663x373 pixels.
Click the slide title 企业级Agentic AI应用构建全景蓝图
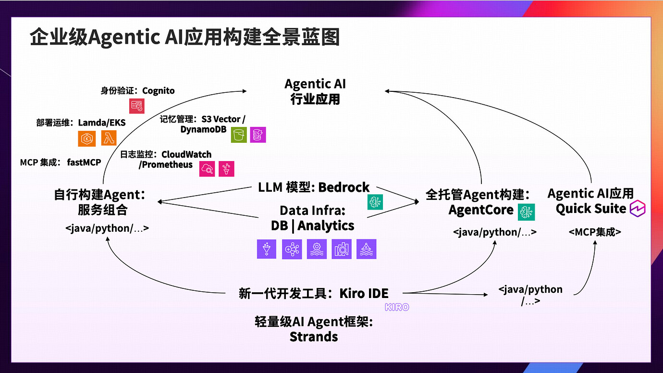point(185,37)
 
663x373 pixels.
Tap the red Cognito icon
point(136,106)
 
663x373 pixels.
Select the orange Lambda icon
point(109,138)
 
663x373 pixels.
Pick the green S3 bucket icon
point(238,135)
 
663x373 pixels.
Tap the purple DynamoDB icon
point(258,135)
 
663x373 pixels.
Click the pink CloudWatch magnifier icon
point(207,169)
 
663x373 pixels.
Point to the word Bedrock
point(344,187)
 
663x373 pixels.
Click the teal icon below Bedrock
point(375,202)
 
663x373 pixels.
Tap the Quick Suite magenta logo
point(638,208)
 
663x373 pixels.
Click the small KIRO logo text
point(397,307)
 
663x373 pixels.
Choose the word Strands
point(314,336)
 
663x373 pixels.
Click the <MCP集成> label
point(595,232)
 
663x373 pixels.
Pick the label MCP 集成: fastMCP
point(61,162)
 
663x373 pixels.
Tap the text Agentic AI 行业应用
point(315,91)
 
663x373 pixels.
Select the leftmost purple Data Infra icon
point(267,249)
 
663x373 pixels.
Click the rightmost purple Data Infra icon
point(366,249)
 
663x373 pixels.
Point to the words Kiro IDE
point(364,293)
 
